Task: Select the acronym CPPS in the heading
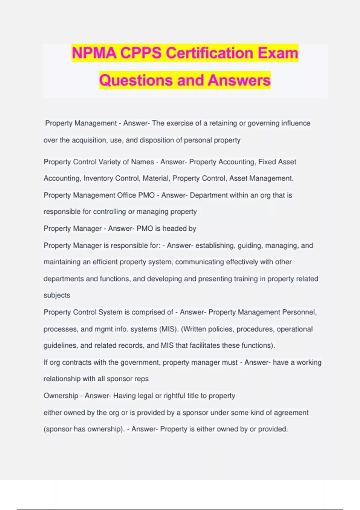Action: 141,53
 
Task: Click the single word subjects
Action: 57,295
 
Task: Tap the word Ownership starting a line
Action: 61,396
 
